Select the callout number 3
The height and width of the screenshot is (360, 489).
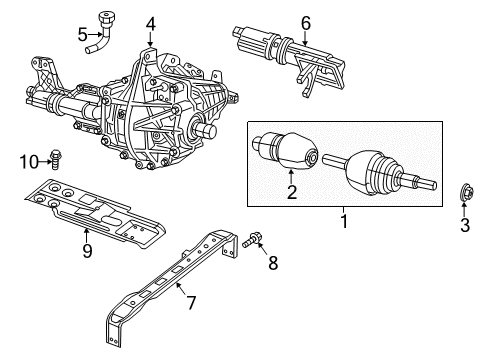tap(465, 226)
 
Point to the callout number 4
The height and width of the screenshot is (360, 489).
tap(149, 23)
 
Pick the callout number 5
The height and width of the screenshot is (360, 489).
tap(83, 36)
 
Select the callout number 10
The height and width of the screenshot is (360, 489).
tap(31, 161)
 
